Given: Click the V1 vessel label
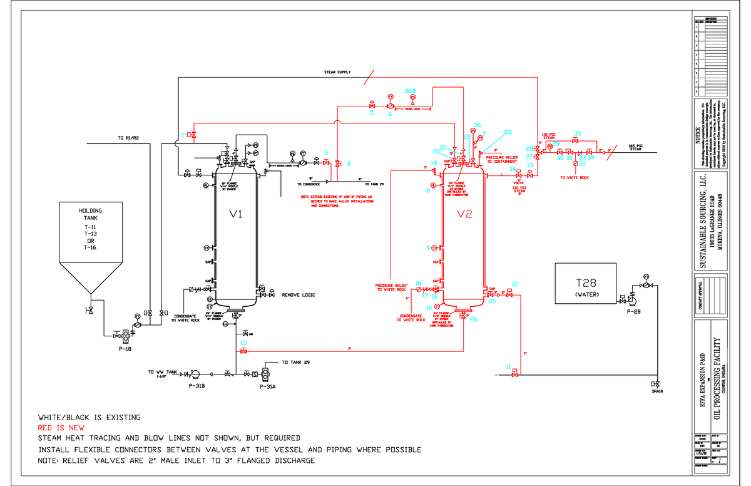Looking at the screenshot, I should tap(236, 215).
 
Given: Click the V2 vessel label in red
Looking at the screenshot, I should tap(464, 215).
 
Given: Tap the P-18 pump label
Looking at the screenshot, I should tap(125, 349).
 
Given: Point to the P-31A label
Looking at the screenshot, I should tap(267, 386).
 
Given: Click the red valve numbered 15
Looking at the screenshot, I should tap(243, 351).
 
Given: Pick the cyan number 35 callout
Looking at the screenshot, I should tap(578, 133).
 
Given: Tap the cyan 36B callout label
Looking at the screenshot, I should tap(410, 91).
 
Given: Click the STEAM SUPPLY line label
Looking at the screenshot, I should tap(337, 73).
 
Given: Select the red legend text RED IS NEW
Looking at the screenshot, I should tap(61, 428).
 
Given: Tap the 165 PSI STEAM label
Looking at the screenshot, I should tap(635, 147).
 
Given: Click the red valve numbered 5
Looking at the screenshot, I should tap(372, 106).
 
